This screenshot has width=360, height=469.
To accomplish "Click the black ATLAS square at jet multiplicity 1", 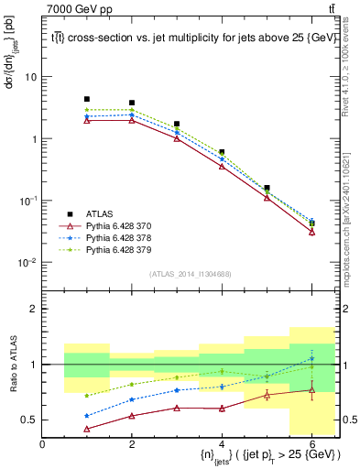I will click(x=87, y=99).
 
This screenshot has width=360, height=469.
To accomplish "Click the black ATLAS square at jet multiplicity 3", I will click(x=177, y=124).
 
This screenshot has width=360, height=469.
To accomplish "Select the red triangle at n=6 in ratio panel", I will click(x=312, y=391).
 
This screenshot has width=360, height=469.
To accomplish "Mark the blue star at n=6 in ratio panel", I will click(x=312, y=358).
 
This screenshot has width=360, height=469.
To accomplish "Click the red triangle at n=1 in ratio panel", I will click(x=87, y=429).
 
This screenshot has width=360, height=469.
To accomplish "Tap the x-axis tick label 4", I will click(x=223, y=444).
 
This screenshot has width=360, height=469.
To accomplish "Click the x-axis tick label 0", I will click(x=43, y=444).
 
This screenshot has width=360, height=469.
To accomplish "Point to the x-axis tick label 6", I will click(x=312, y=444).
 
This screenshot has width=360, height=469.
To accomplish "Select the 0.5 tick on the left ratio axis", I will click(x=30, y=420).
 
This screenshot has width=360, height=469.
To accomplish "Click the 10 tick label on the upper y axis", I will click(x=29, y=77).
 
